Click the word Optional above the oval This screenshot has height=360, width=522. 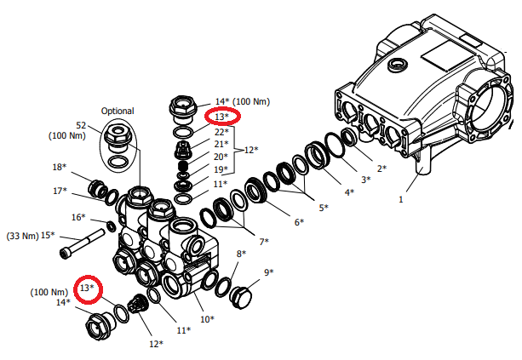(x=118, y=111)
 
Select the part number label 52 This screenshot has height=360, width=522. (x=81, y=125)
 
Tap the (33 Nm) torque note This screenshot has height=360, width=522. (x=22, y=236)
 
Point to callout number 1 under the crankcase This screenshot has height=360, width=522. (x=401, y=199)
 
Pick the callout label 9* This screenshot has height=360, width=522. (x=268, y=272)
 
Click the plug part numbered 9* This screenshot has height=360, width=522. (x=241, y=297)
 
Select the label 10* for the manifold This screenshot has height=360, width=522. (x=207, y=319)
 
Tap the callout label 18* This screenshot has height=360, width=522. (x=60, y=167)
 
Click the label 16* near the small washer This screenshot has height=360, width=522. (x=78, y=217)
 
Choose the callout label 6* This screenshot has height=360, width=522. (x=299, y=222)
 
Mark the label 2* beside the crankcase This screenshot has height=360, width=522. (x=381, y=169)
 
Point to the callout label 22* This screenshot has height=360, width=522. (x=221, y=132)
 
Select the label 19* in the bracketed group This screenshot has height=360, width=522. (x=221, y=169)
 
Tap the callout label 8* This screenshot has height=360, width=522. (x=241, y=254)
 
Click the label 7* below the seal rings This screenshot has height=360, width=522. (x=264, y=242)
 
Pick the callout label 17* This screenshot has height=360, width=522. (x=60, y=191)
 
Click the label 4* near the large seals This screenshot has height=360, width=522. (x=349, y=192)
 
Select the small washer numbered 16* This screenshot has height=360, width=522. (x=112, y=226)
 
